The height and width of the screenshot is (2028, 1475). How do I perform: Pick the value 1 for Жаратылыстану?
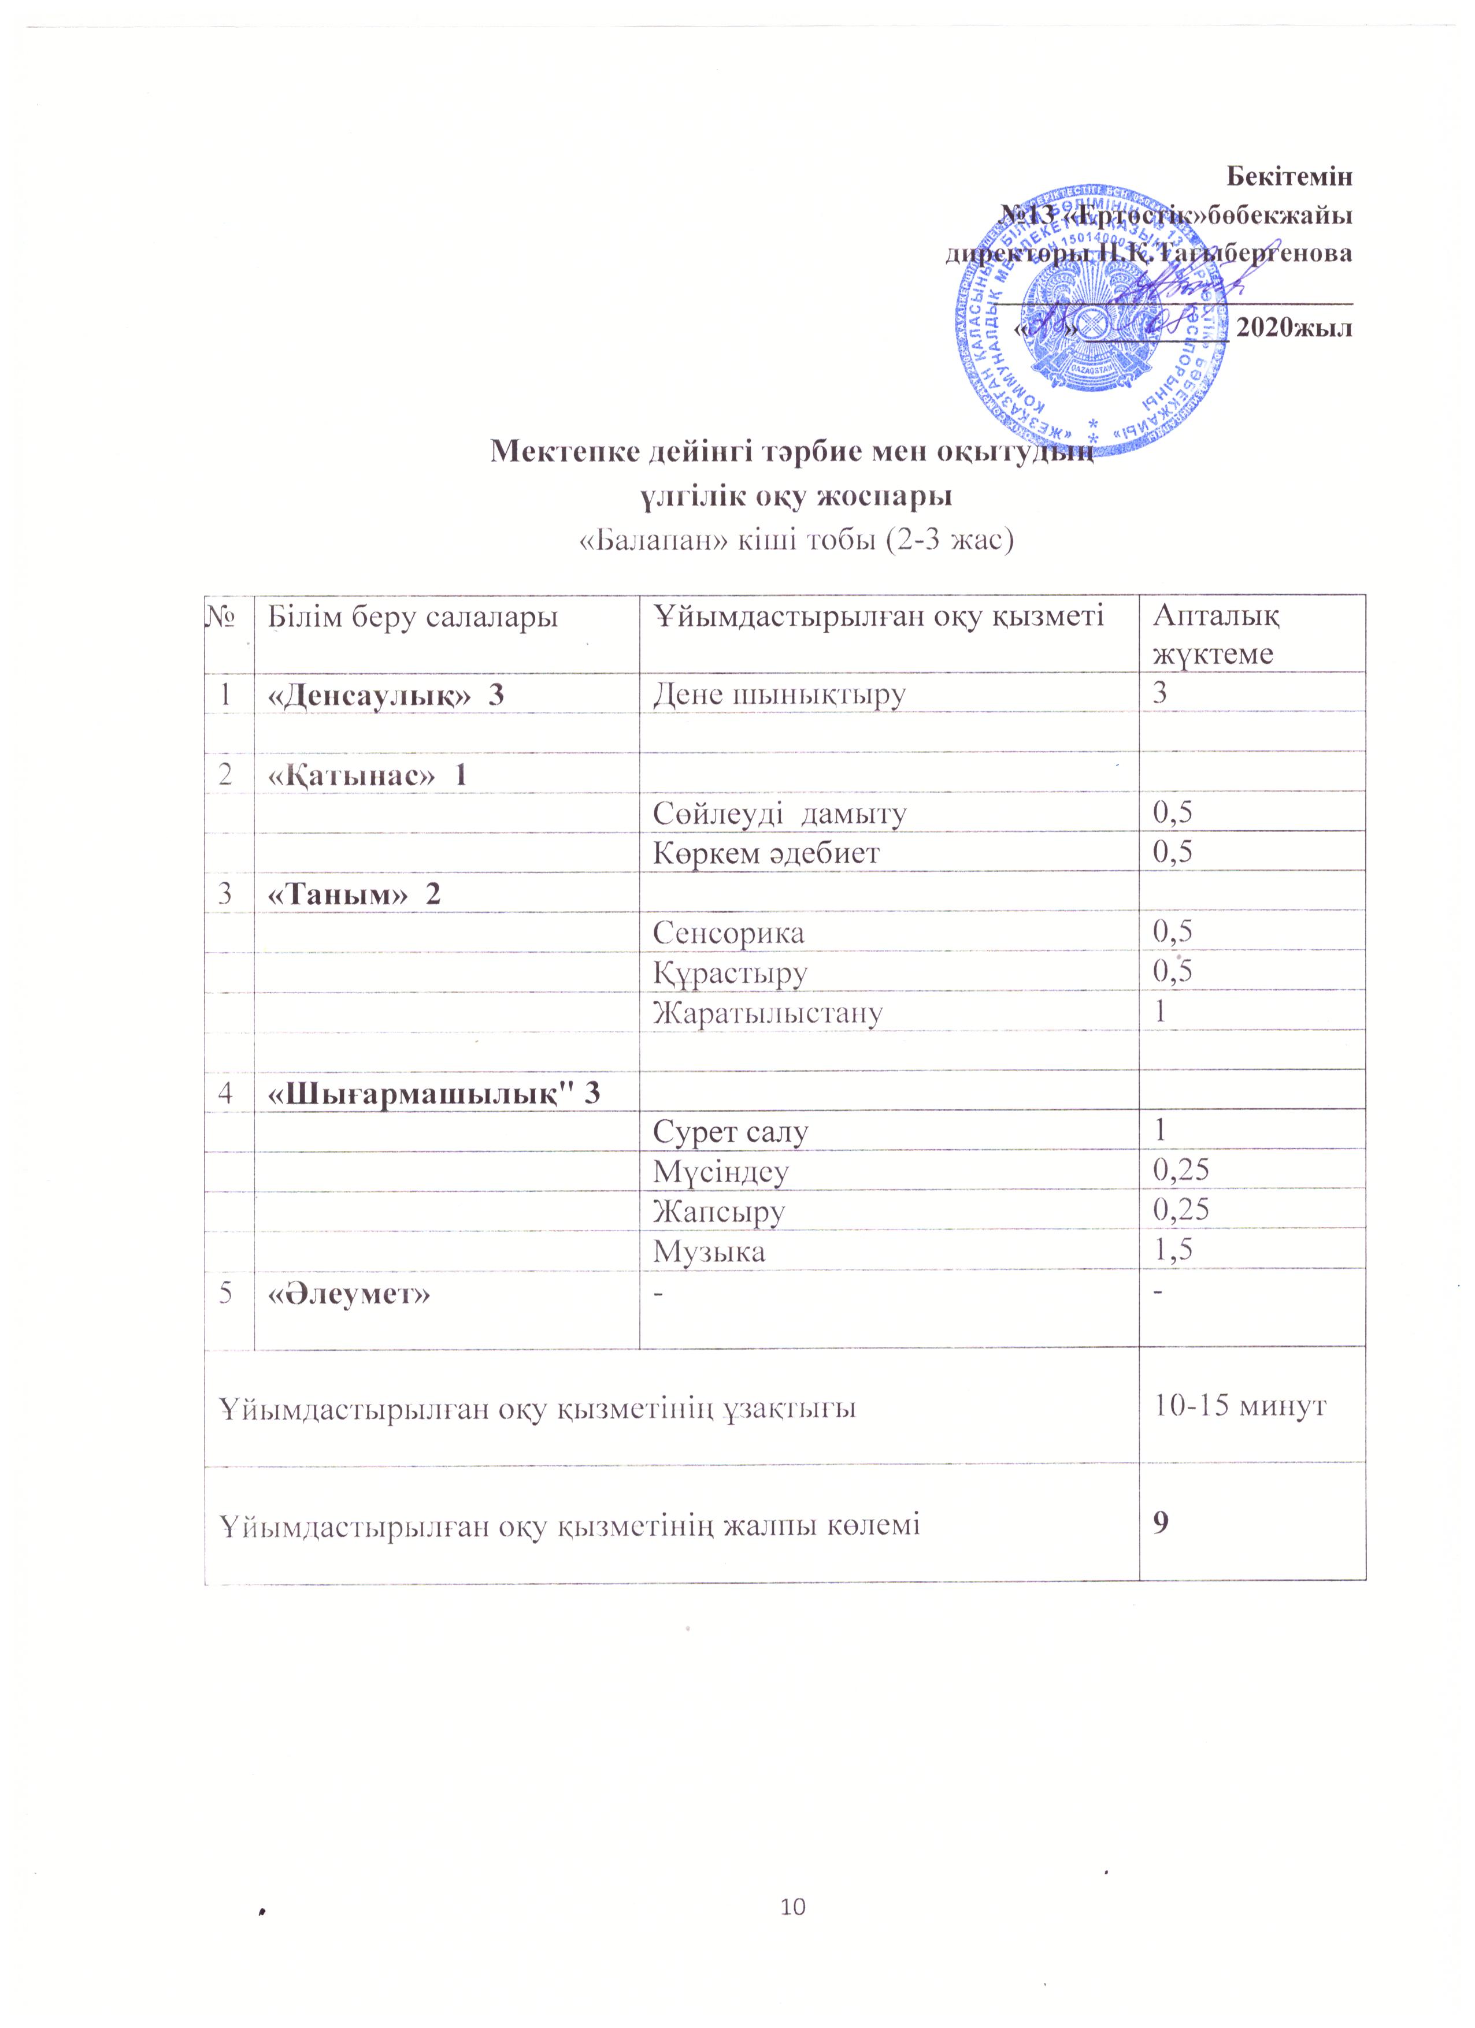coord(1160,1011)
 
